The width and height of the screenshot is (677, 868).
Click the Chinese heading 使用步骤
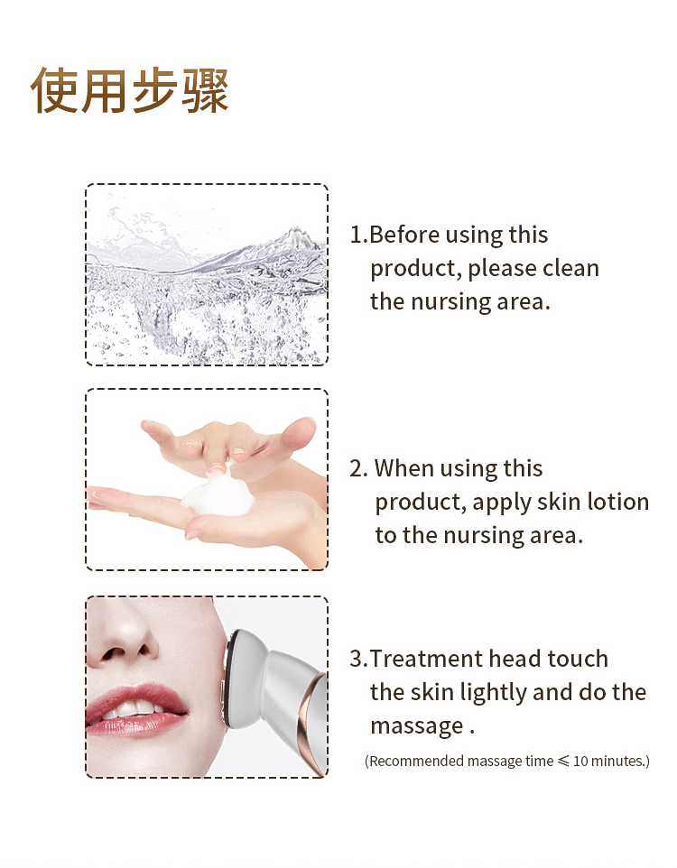(x=130, y=89)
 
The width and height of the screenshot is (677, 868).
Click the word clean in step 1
(x=571, y=269)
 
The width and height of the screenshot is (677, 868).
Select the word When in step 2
(x=405, y=469)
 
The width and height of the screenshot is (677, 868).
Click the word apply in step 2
(x=501, y=503)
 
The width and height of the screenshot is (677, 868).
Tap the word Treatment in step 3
(x=426, y=660)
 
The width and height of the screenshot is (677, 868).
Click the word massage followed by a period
(x=416, y=726)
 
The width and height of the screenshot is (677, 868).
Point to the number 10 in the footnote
(x=582, y=762)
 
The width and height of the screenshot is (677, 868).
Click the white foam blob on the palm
(x=216, y=494)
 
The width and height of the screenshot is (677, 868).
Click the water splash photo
(x=207, y=274)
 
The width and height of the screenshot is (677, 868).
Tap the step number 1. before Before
(x=358, y=235)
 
